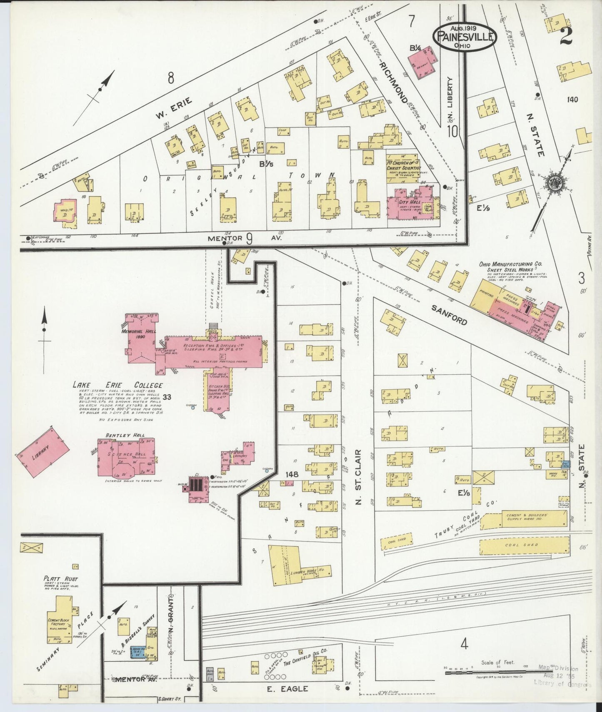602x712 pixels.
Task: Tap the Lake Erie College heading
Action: [117, 385]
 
